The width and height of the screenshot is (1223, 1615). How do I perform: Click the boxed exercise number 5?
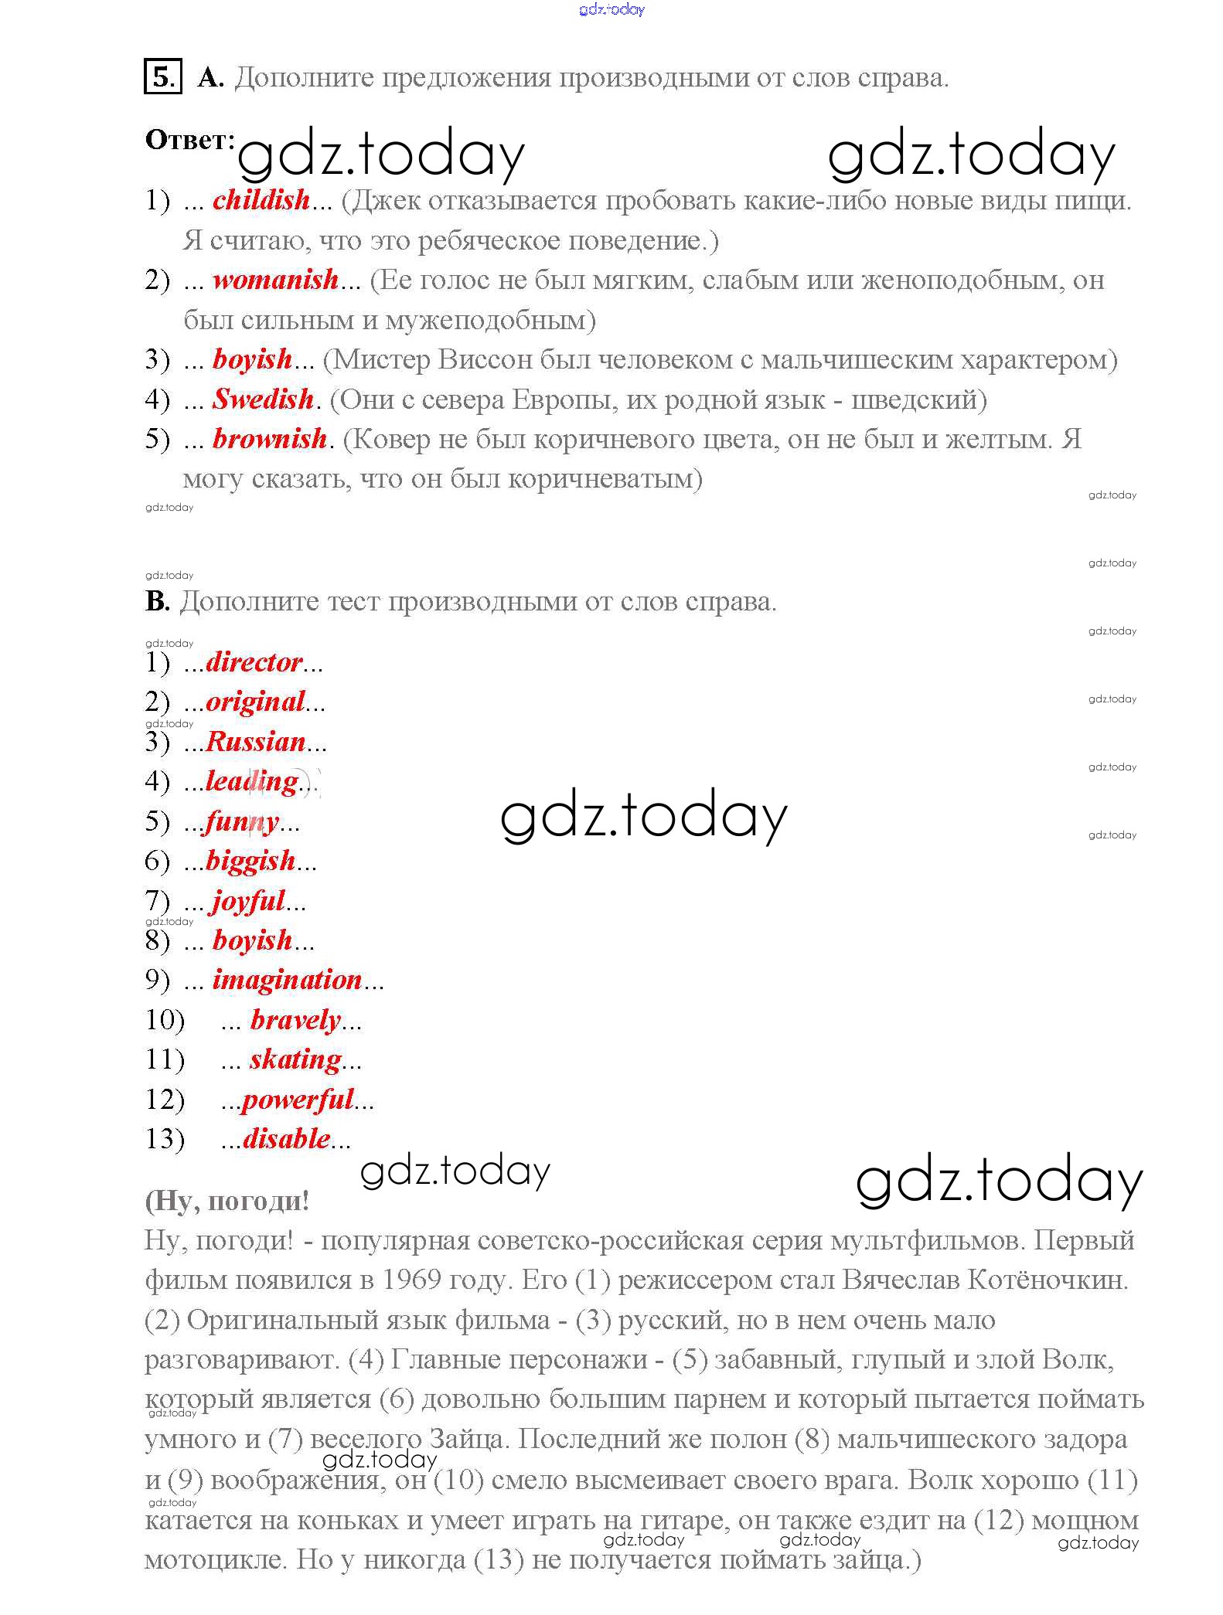(x=162, y=76)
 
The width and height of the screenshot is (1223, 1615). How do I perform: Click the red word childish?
(x=261, y=200)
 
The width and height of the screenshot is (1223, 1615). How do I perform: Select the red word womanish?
(x=275, y=280)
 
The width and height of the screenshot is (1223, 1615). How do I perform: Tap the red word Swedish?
(x=263, y=399)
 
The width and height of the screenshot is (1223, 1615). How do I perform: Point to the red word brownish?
(x=270, y=439)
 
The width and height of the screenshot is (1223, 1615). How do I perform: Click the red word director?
(x=254, y=662)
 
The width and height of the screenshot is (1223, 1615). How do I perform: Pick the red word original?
(x=255, y=702)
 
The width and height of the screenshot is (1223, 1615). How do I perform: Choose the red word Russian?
(x=256, y=742)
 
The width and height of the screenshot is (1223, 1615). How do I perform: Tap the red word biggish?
(x=250, y=861)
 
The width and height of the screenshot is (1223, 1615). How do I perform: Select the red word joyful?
(x=249, y=901)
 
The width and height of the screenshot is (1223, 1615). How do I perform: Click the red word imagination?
(x=288, y=980)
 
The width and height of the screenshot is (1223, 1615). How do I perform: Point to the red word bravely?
(x=295, y=1020)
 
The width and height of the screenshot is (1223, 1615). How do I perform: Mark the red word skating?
(x=295, y=1059)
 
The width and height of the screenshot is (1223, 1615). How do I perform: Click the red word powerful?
(x=298, y=1100)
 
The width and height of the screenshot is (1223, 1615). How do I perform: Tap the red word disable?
(x=287, y=1139)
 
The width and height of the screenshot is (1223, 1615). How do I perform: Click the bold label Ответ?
(x=190, y=141)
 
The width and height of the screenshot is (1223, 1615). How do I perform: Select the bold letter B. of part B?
(x=157, y=601)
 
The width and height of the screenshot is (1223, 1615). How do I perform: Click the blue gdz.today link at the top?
(x=611, y=9)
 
